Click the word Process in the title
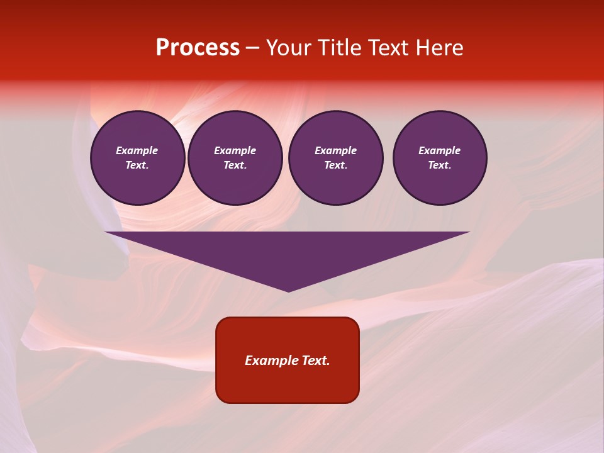click(198, 48)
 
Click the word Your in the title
click(288, 48)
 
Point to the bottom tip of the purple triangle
click(288, 291)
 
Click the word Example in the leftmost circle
click(137, 150)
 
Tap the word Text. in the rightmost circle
click(440, 165)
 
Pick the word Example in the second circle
click(235, 150)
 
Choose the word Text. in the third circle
click(335, 165)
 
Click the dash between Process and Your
click(252, 48)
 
